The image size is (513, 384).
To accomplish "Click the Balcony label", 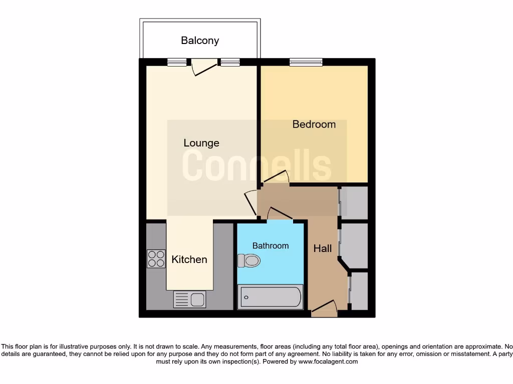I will click(200, 40).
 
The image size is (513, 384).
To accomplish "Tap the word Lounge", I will click(201, 143).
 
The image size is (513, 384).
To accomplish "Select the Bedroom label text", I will click(314, 124).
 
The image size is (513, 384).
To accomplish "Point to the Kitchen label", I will click(189, 259).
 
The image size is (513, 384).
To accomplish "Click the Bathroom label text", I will click(271, 245).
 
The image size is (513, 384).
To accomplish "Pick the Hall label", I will click(322, 248).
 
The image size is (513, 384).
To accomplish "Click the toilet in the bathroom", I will click(249, 260).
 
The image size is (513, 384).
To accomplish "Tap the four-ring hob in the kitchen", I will click(156, 258).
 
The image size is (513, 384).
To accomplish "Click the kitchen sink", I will click(190, 299).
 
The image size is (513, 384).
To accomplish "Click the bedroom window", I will click(306, 62).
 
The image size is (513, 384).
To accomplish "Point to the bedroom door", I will click(276, 178).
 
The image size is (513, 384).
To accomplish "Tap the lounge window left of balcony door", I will click(176, 62).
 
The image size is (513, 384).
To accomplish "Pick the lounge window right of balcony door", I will click(230, 62).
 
